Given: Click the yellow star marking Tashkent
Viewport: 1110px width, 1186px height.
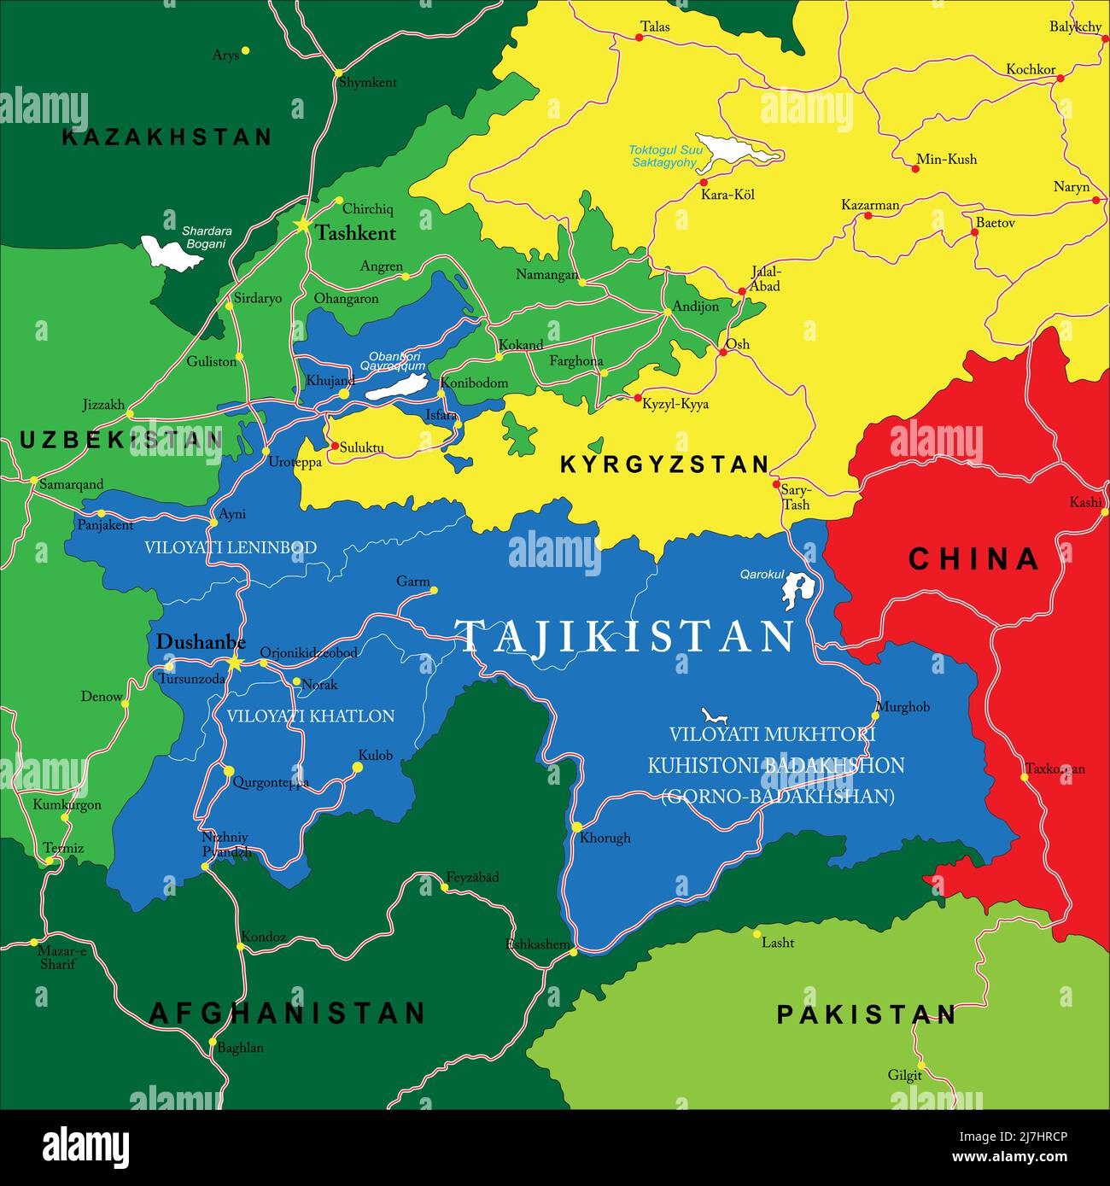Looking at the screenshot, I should click(x=302, y=225).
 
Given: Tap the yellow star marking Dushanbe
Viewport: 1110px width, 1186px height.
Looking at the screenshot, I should click(x=234, y=662).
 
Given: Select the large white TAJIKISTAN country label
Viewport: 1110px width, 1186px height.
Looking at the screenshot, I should click(x=625, y=637).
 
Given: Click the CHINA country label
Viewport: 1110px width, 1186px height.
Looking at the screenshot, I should click(x=973, y=559).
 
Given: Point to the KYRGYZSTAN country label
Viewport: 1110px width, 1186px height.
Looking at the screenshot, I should click(x=664, y=464).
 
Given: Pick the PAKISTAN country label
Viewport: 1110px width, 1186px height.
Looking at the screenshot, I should click(x=866, y=1014).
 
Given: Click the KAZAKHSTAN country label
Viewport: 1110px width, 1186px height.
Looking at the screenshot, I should click(x=167, y=137).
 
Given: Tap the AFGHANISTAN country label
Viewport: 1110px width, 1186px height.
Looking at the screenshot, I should click(x=287, y=1014).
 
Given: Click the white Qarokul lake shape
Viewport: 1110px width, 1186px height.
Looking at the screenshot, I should click(x=797, y=588).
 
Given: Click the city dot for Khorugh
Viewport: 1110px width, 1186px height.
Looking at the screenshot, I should click(x=577, y=827).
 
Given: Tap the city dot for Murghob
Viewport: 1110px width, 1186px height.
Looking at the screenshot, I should click(x=875, y=716).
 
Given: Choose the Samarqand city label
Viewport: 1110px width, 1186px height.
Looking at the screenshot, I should click(x=72, y=484).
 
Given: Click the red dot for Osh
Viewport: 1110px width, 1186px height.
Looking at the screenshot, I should click(x=722, y=352).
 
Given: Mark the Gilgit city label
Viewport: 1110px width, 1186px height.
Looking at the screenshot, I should click(x=904, y=1075).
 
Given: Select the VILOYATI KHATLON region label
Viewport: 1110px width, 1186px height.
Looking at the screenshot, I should click(x=310, y=716).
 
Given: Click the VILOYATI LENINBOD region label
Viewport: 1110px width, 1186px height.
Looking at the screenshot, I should click(x=231, y=547).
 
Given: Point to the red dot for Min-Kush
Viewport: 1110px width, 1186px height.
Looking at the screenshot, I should click(x=915, y=169).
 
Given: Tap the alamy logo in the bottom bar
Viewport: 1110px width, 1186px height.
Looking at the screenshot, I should click(x=85, y=1147).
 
